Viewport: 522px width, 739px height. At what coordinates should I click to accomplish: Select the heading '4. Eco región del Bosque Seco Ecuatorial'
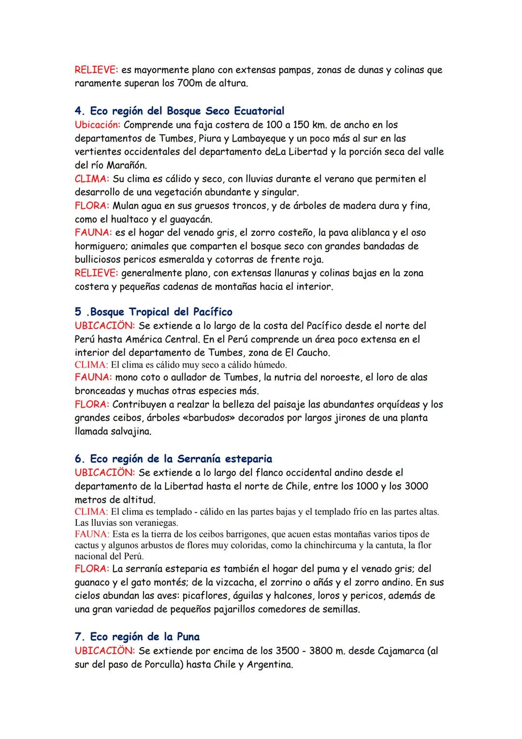click(179, 111)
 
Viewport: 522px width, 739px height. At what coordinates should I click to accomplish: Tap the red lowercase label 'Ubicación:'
click(98, 125)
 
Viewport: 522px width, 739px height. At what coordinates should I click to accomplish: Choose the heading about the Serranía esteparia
click(173, 458)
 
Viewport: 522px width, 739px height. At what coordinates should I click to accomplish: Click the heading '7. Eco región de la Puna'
click(137, 636)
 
